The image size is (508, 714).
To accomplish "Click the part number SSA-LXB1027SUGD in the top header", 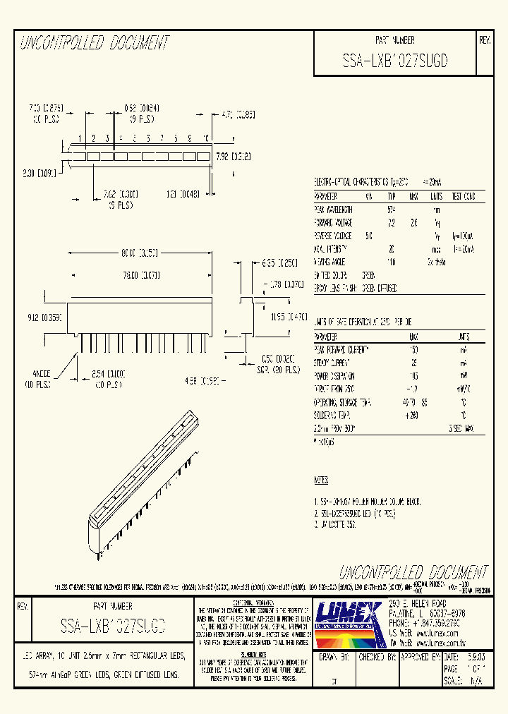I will click(394, 61).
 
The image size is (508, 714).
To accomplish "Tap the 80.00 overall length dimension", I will click(138, 252).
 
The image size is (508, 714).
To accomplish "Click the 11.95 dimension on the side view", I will click(289, 317).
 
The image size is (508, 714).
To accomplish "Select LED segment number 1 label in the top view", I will click(81, 138).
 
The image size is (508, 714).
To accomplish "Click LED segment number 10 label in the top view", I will click(205, 138).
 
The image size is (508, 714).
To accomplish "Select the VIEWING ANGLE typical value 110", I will click(391, 261).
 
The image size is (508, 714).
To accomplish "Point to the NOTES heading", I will click(321, 480).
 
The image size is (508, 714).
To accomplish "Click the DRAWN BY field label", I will click(334, 656).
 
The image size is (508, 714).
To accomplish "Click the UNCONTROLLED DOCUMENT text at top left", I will click(95, 43).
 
